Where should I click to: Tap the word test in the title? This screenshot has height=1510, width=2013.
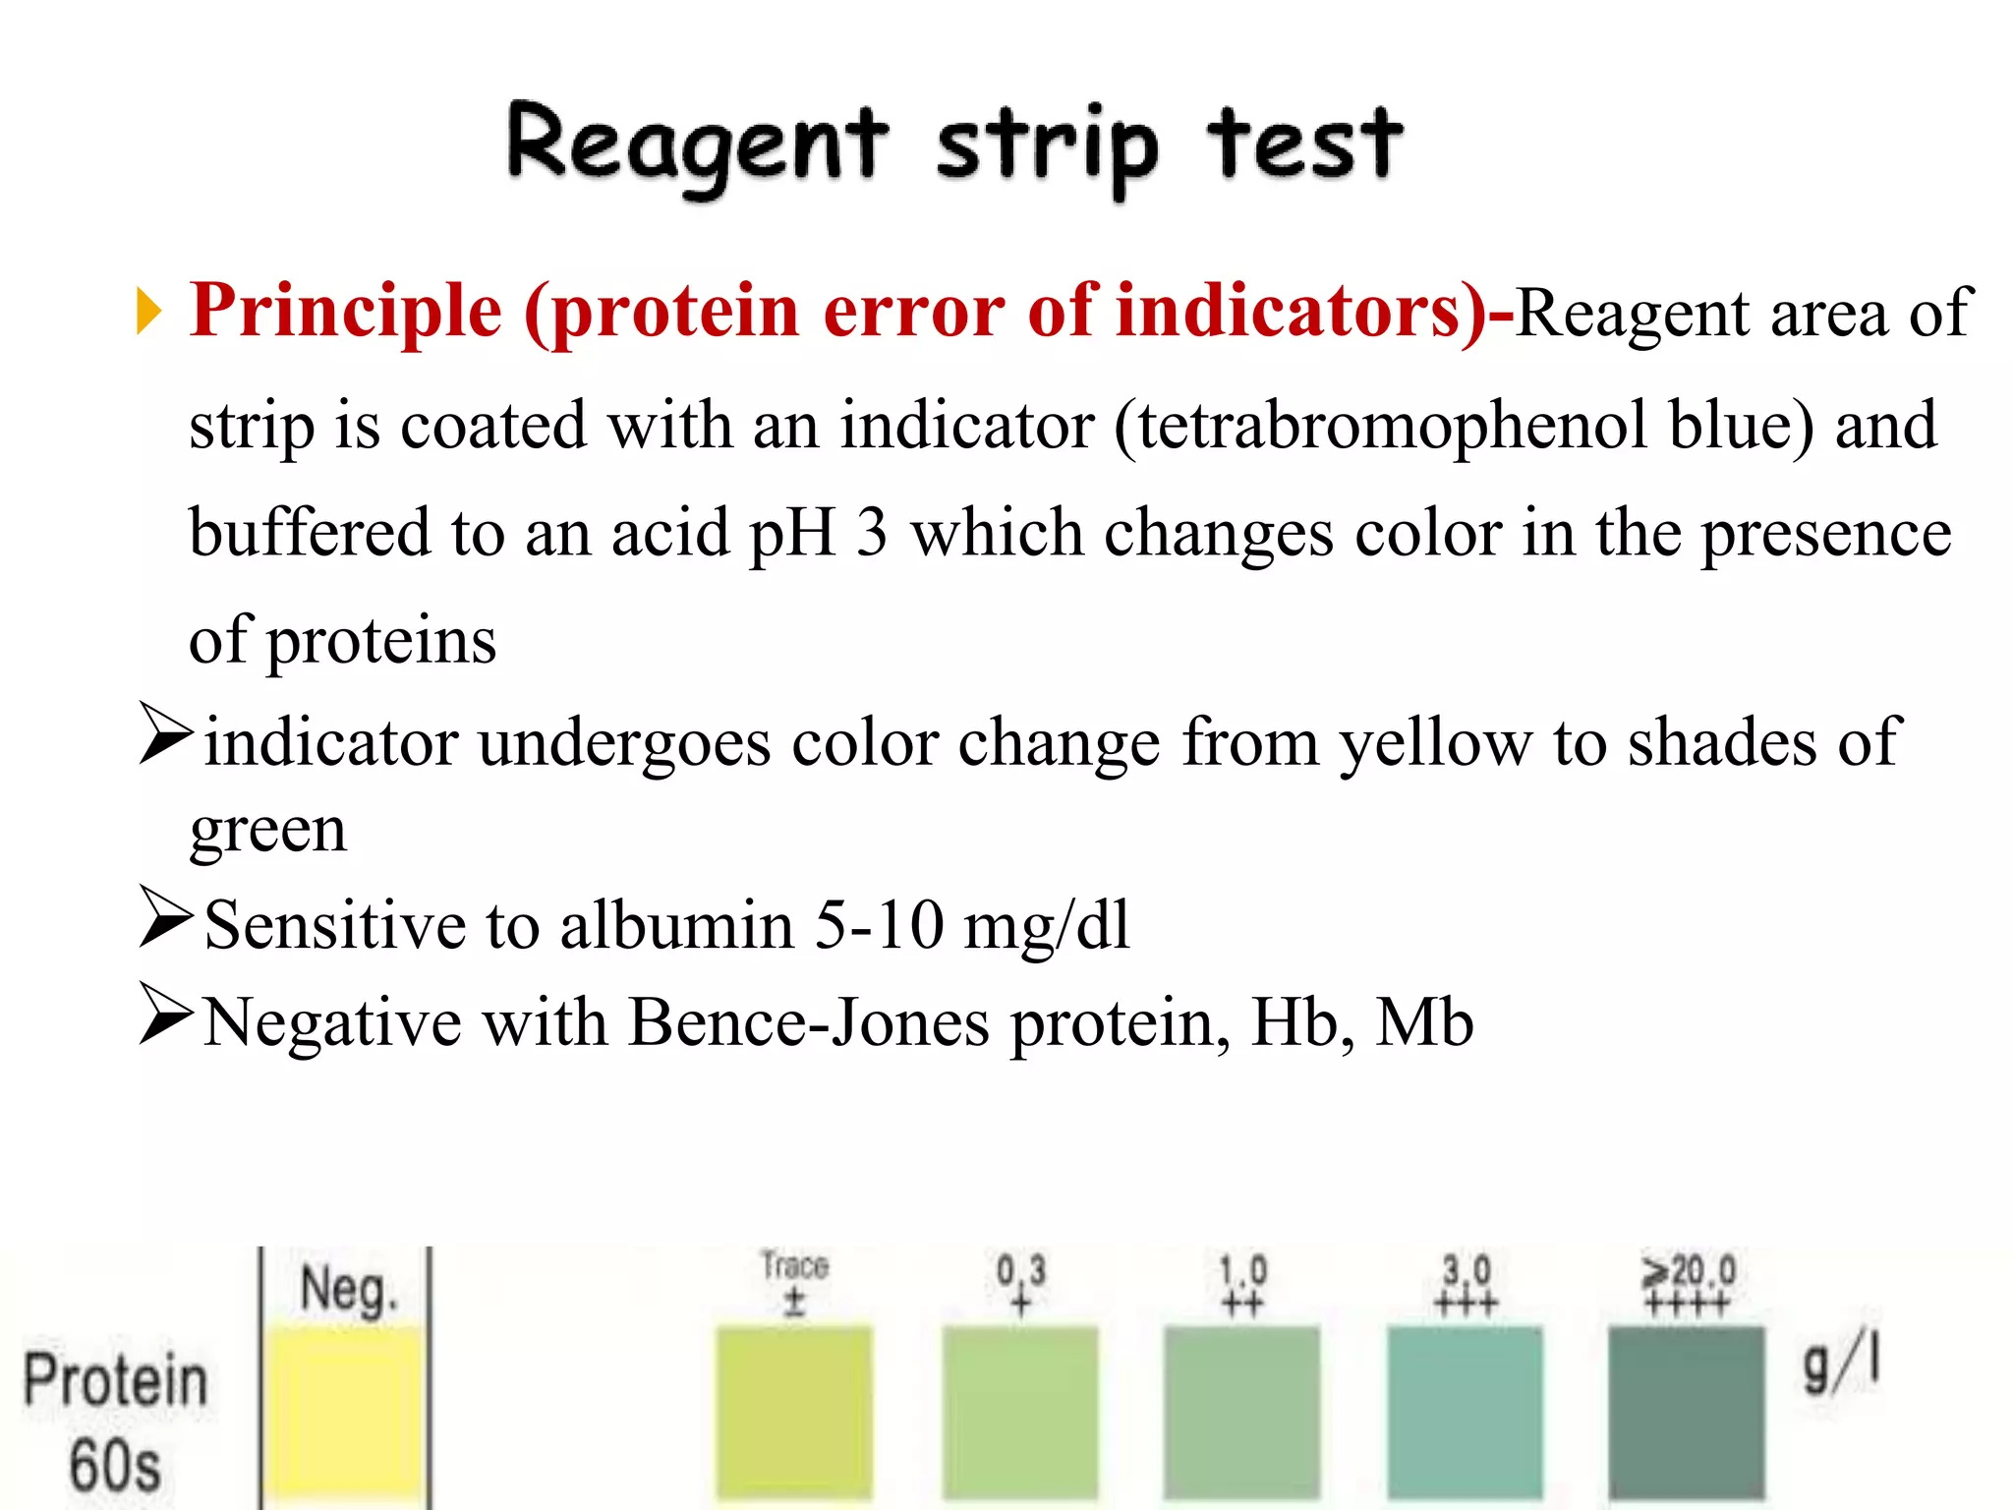coord(1304,145)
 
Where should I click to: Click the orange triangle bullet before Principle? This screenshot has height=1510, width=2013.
coord(149,313)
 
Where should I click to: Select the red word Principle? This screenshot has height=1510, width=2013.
coord(346,311)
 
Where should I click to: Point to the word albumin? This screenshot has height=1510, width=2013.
coord(676,925)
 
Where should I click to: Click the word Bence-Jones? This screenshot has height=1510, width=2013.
coord(808,1022)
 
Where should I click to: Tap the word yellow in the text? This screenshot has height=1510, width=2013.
coord(1436,742)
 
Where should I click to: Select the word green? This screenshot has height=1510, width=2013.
coord(268,831)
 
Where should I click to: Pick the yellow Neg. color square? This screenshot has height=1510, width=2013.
coord(346,1411)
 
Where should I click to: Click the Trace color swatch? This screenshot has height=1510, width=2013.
coord(794,1411)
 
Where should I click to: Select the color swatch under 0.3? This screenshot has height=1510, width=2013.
coord(1019,1411)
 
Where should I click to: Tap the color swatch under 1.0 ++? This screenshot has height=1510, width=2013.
coord(1241,1411)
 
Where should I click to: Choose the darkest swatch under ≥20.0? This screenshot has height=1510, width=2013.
coord(1687,1411)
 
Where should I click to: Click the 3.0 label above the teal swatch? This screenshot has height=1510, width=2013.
coord(1466,1270)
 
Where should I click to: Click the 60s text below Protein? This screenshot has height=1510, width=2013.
coord(115,1466)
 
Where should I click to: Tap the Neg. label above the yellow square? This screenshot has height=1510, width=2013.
coord(349,1290)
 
